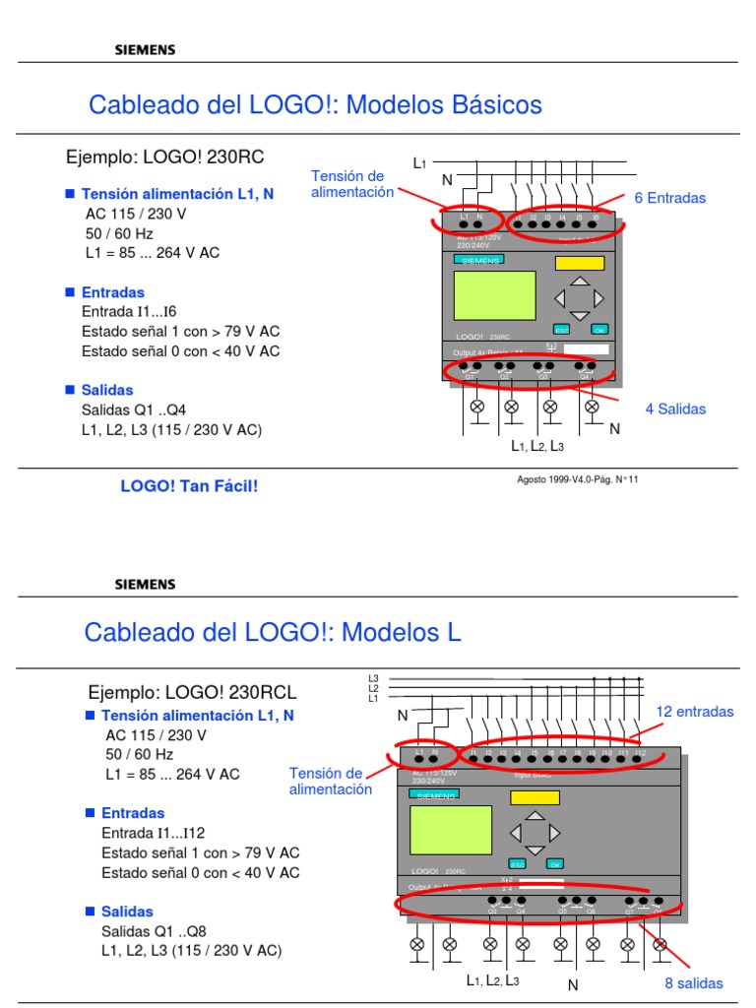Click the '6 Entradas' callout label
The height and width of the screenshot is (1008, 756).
coord(669,198)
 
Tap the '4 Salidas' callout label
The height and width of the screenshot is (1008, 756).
coord(675,409)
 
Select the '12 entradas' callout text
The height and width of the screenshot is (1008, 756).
coord(694,712)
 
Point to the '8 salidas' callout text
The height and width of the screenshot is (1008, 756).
coord(693,983)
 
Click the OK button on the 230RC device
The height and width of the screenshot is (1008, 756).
coord(598,330)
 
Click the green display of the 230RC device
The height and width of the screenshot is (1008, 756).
coord(494,295)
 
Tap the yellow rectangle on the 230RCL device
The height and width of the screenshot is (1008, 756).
coord(528,797)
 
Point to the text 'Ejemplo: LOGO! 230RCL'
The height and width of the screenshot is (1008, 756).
coord(192,693)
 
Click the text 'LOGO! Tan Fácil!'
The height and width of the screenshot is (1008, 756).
coord(189,485)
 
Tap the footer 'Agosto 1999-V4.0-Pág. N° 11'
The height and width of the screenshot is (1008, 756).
coord(578,479)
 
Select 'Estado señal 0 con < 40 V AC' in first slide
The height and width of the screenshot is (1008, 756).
coord(180,351)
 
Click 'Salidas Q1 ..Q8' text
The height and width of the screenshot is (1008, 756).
coord(154,931)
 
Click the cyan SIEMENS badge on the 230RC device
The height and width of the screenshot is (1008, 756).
coord(479,259)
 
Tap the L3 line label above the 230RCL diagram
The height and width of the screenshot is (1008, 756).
coord(373,678)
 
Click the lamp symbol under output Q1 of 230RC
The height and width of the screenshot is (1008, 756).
coord(478,406)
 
